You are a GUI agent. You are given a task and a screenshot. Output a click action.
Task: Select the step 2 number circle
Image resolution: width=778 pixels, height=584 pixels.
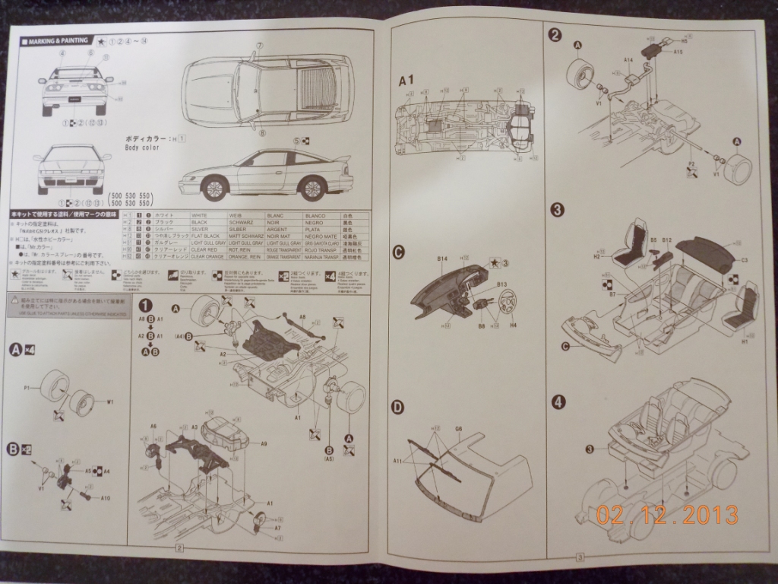(x=555, y=34)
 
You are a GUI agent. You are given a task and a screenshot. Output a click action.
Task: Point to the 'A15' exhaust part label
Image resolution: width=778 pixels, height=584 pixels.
(x=680, y=52)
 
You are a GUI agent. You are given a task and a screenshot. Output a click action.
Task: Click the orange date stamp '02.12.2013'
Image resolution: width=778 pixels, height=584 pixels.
(x=666, y=515)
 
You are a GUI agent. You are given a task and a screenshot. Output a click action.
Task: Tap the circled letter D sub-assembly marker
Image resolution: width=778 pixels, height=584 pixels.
(x=397, y=408)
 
